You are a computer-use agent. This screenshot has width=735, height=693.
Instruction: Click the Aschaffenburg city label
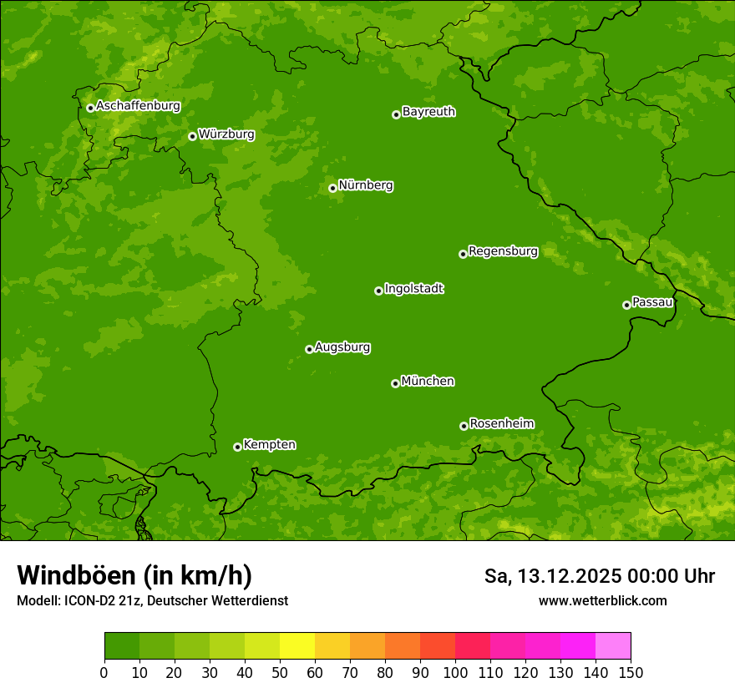[x=138, y=106]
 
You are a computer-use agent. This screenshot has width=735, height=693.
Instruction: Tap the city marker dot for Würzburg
[x=192, y=136]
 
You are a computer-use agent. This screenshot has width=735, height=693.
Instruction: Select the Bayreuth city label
[x=428, y=112]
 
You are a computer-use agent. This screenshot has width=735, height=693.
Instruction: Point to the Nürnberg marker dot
[x=332, y=188]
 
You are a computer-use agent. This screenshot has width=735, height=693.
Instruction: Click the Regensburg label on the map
[x=503, y=251]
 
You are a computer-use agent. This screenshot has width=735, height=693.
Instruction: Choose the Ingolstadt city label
[x=413, y=289]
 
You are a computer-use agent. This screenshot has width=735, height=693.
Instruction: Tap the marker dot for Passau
[x=626, y=305]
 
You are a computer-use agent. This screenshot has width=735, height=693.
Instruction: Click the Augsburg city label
[x=342, y=347]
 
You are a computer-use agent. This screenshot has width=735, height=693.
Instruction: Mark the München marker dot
[x=395, y=383]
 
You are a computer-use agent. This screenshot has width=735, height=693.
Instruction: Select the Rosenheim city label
[x=501, y=424]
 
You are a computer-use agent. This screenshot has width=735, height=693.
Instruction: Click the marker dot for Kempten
[x=237, y=447]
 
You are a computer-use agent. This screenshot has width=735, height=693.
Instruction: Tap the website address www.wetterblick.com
[x=602, y=600]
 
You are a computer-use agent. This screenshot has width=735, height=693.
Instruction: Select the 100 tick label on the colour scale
[x=455, y=672]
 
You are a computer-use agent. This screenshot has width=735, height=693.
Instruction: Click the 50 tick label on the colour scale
[x=280, y=672]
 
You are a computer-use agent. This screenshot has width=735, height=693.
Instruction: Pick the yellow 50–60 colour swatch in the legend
[x=297, y=646]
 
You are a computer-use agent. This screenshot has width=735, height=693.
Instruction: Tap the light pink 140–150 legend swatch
[x=613, y=646]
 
